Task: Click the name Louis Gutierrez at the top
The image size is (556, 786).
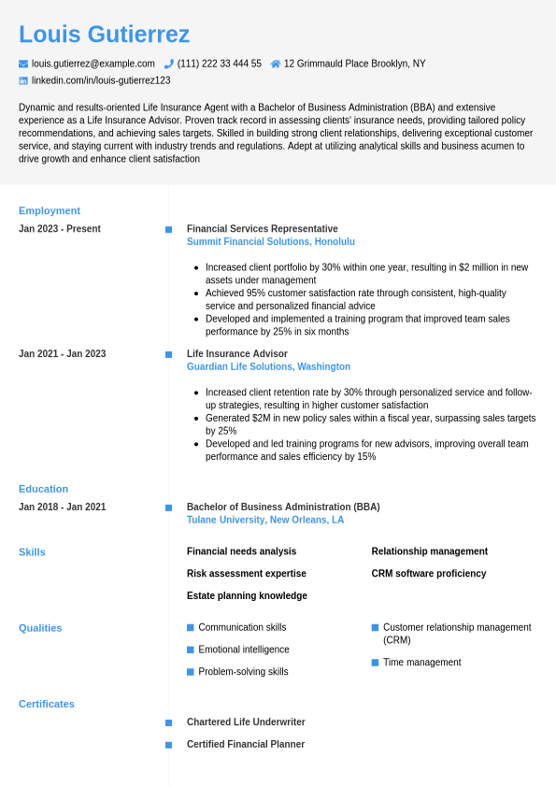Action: click(x=104, y=35)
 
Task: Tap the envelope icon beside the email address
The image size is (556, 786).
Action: click(x=23, y=64)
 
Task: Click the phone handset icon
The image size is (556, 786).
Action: click(x=169, y=64)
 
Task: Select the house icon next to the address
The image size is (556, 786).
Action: click(x=276, y=64)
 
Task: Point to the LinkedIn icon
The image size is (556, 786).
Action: click(x=23, y=80)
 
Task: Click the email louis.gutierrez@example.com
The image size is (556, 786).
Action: click(x=93, y=64)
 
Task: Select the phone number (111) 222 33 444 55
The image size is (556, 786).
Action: click(x=220, y=64)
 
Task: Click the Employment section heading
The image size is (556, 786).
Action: click(x=50, y=210)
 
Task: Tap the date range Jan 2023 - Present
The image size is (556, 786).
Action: click(x=60, y=229)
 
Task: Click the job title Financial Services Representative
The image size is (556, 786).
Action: click(x=263, y=229)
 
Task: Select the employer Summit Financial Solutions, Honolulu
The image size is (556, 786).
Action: click(x=271, y=241)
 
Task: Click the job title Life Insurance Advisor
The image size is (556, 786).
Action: click(x=237, y=354)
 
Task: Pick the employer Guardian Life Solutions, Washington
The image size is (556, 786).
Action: click(x=268, y=366)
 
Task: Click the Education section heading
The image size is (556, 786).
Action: click(x=44, y=489)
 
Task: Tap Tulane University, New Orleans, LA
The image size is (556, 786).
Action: click(x=265, y=520)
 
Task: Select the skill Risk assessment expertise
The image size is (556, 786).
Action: click(x=247, y=574)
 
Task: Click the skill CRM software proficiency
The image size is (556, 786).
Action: click(x=429, y=574)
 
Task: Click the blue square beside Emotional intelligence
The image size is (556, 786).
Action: click(x=191, y=650)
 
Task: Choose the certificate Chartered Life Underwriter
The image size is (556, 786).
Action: click(x=246, y=722)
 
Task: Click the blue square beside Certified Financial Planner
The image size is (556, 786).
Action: click(x=169, y=745)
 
